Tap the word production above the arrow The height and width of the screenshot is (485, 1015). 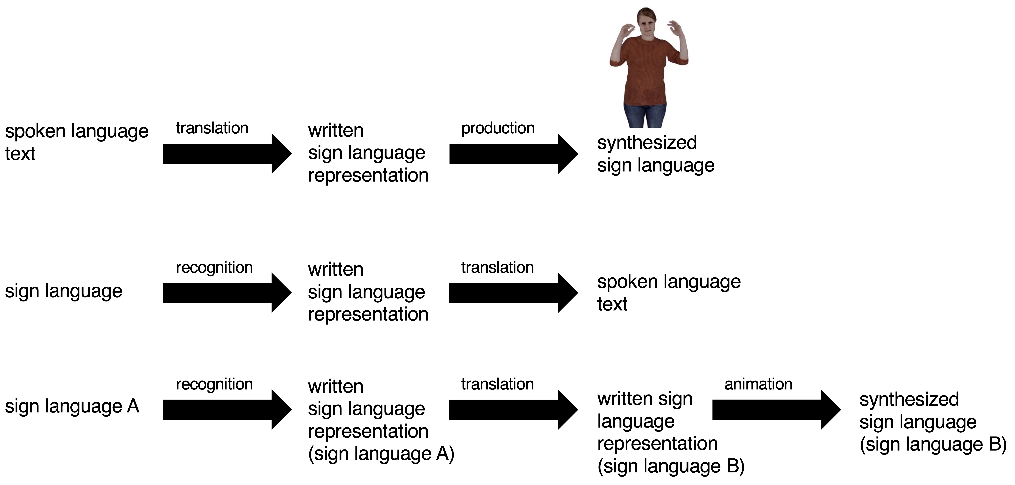498,128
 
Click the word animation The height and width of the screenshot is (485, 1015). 758,384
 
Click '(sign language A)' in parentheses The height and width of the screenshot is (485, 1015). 381,454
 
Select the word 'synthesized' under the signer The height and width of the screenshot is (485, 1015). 647,143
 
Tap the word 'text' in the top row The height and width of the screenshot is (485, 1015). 20,154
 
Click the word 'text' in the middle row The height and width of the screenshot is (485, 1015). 612,304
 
